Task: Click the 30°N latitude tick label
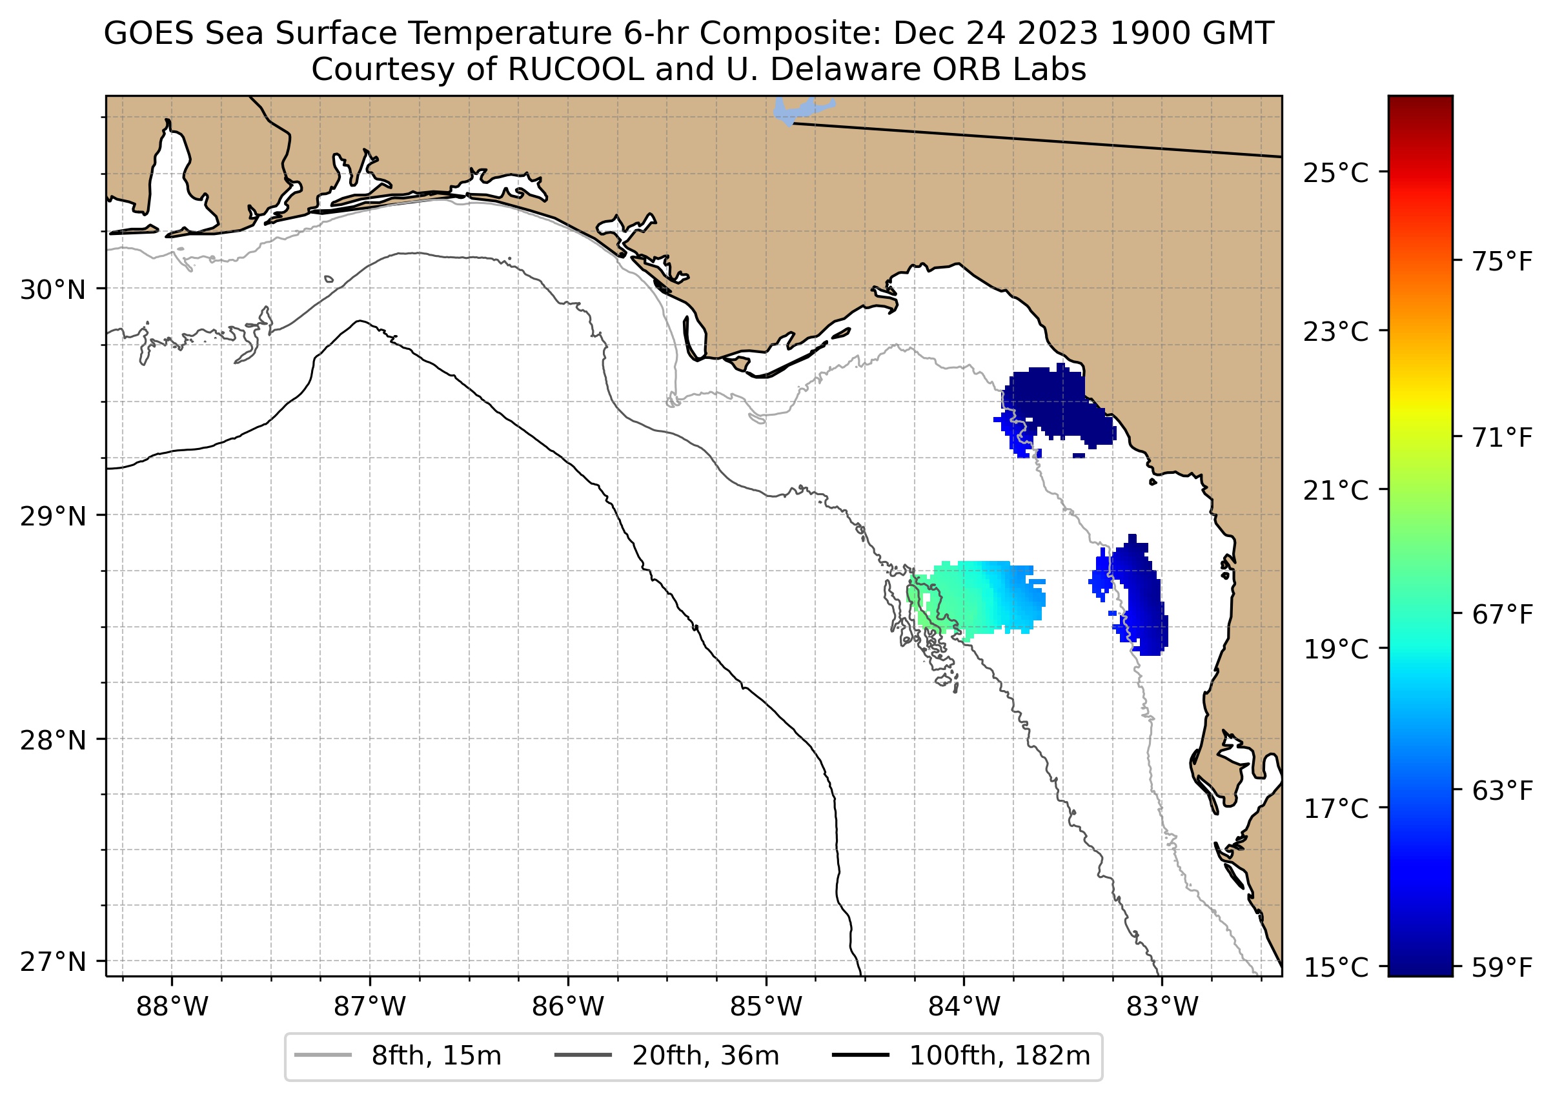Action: click(53, 290)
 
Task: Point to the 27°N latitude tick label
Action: click(53, 962)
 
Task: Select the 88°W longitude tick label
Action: click(172, 1007)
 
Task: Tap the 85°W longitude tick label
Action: click(766, 1007)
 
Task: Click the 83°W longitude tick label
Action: click(1162, 1007)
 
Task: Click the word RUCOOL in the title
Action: click(575, 70)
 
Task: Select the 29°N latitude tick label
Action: click(53, 517)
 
